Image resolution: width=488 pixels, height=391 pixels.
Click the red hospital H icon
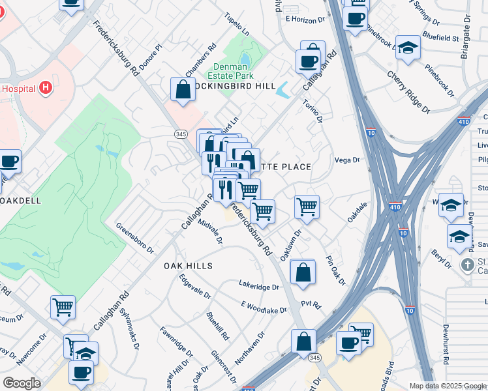click(x=45, y=87)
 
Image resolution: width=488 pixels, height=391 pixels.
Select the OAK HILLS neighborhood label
click(x=188, y=266)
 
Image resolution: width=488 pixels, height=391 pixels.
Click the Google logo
click(x=22, y=383)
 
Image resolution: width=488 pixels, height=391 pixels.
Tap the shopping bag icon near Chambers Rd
click(x=183, y=91)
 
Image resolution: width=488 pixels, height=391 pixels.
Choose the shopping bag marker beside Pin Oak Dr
click(x=303, y=272)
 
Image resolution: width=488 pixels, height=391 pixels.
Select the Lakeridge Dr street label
click(x=258, y=286)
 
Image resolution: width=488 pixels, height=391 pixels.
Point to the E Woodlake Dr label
click(x=264, y=306)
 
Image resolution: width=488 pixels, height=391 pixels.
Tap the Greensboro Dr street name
click(x=134, y=239)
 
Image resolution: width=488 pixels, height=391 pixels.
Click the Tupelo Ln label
click(x=237, y=24)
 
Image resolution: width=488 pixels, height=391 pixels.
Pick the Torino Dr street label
click(x=313, y=110)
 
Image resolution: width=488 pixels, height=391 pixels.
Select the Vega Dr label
click(x=347, y=160)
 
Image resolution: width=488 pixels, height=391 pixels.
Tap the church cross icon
click(x=467, y=265)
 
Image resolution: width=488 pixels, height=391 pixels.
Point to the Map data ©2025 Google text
click(x=446, y=385)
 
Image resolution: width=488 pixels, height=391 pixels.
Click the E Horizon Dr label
click(x=305, y=20)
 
